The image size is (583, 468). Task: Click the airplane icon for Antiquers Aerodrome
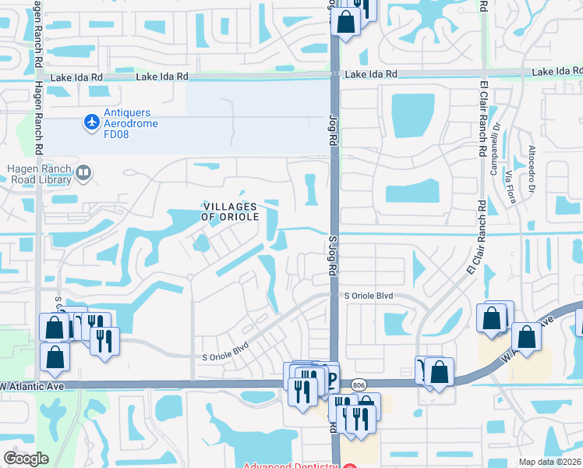[91, 122]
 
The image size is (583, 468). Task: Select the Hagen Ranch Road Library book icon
[83, 172]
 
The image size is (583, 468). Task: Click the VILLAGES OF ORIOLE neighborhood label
[230, 211]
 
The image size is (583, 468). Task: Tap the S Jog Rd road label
[332, 258]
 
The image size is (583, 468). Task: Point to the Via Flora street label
[511, 187]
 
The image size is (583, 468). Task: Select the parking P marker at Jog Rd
[330, 379]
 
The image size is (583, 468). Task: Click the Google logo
[26, 459]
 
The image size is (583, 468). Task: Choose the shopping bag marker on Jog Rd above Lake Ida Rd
[345, 21]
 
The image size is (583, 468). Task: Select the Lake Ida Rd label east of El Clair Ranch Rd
[556, 73]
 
